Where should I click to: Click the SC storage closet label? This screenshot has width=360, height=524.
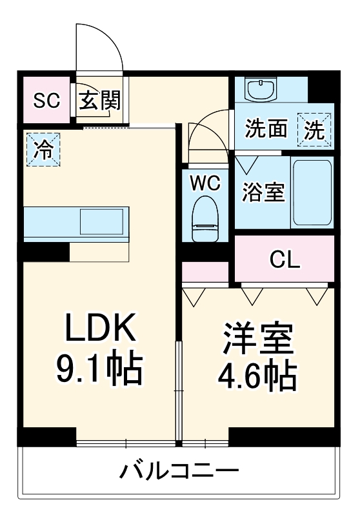point(46,101)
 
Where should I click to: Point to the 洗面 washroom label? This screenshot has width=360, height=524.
point(266,129)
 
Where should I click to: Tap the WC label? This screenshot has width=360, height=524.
point(205,183)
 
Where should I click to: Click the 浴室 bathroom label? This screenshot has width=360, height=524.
point(263,192)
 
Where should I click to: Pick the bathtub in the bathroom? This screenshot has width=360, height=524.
point(312,192)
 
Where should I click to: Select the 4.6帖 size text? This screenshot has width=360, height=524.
point(258,375)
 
